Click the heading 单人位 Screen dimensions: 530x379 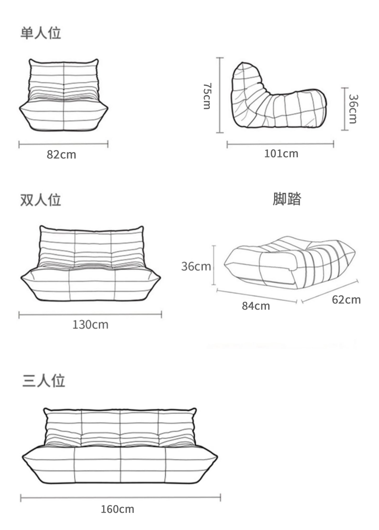click(x=41, y=33)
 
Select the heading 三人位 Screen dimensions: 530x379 click(x=44, y=381)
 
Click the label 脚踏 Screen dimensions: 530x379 click(x=287, y=199)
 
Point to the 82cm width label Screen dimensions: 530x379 click(x=61, y=154)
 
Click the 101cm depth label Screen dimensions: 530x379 click(x=281, y=154)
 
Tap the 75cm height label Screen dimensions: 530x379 click(x=207, y=96)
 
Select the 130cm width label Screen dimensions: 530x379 click(x=90, y=325)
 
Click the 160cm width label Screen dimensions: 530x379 click(x=118, y=509)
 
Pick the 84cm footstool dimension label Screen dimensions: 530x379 click(x=256, y=306)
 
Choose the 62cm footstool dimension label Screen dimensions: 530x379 click(x=346, y=300)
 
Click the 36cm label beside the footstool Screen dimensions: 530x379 click(x=196, y=266)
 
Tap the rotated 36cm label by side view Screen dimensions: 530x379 click(x=353, y=109)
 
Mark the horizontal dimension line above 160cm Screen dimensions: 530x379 click(x=120, y=497)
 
